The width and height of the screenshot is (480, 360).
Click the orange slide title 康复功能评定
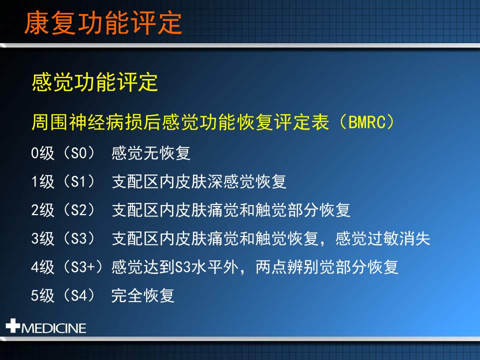coord(103,23)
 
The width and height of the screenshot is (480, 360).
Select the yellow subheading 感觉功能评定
coord(94,82)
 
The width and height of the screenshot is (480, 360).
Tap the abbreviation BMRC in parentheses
coord(366,122)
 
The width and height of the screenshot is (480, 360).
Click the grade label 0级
coord(42,153)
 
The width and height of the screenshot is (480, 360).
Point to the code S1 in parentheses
coord(78,181)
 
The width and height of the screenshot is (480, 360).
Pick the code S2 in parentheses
coord(78,210)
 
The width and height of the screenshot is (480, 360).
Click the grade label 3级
coord(42,238)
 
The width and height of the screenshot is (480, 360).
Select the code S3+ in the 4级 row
coord(83,267)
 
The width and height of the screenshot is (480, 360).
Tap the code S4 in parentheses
coord(78,295)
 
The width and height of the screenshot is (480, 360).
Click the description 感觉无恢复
coord(150,153)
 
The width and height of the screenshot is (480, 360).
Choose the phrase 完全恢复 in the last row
coord(142,295)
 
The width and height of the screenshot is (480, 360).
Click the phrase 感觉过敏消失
coord(382,238)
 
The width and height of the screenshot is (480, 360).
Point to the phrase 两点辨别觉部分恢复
coord(327,267)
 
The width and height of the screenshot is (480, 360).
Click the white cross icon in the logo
coord(13,325)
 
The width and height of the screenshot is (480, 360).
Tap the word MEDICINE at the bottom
coord(53,328)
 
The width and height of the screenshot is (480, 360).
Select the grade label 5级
coord(42,295)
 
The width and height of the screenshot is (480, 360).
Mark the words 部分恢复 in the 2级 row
coord(319,210)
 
